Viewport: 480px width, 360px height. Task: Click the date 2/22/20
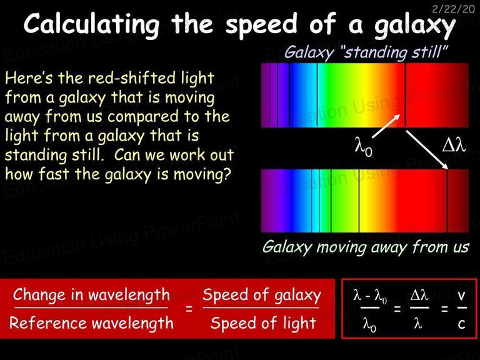[x=453, y=9]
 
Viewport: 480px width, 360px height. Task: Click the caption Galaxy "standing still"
[x=366, y=52]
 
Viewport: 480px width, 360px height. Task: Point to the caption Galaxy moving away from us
[x=366, y=247]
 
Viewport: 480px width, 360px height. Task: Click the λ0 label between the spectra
[x=363, y=147]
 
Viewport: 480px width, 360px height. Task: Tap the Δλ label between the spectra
[x=454, y=145]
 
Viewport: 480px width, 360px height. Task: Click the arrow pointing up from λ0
[x=386, y=126]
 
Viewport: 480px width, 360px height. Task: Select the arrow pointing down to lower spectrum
[x=427, y=150]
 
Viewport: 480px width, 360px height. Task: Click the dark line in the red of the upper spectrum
[x=405, y=95]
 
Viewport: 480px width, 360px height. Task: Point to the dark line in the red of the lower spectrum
[x=447, y=201]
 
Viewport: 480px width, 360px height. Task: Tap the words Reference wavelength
[x=91, y=323]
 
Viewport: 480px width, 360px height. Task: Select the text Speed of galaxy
[x=262, y=296]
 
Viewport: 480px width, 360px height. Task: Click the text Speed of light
[x=263, y=323]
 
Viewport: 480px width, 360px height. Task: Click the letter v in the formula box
[x=461, y=296]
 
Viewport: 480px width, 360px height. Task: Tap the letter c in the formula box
[x=462, y=324]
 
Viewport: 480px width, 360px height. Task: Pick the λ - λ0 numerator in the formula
[x=370, y=296]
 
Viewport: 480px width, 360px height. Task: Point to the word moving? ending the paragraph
[x=202, y=174]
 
